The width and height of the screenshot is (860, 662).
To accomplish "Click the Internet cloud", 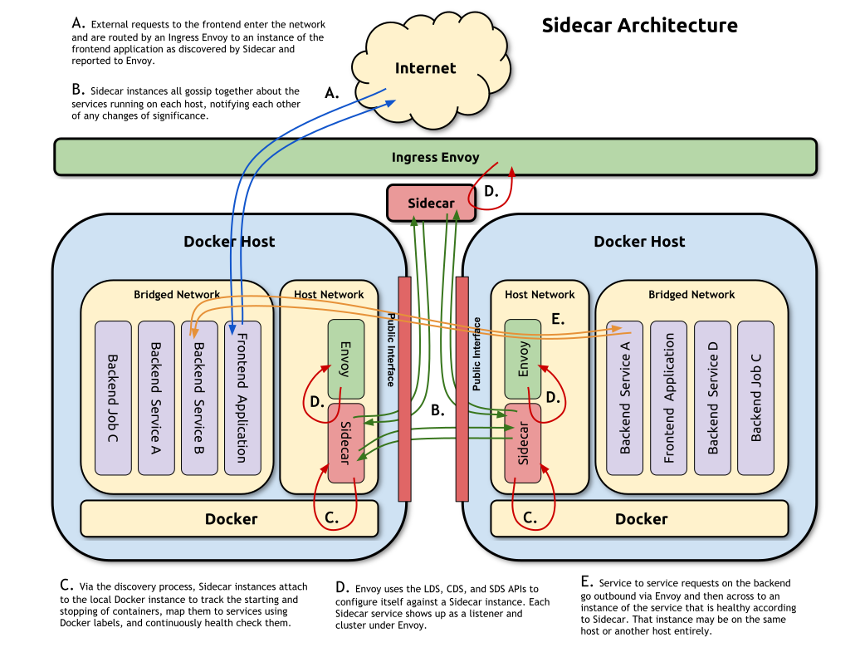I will point(425,69).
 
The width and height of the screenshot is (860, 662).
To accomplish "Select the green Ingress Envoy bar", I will point(435,157).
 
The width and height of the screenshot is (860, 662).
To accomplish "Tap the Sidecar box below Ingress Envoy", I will point(431,204).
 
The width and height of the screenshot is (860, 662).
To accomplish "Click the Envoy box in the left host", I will point(346,359).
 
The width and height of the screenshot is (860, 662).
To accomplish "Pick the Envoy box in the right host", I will point(523,359).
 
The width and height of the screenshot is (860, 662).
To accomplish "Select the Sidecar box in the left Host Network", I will point(346,443).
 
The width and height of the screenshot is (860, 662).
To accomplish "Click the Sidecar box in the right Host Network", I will point(523,444).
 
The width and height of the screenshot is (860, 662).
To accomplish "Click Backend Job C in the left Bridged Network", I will point(113,398).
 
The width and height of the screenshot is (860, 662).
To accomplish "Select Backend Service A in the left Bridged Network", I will point(156,398).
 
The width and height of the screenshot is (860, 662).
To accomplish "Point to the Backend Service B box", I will point(199,398).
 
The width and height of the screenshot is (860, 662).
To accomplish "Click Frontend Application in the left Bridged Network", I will point(242,398).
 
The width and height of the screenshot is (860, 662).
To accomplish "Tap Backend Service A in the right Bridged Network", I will point(625,398).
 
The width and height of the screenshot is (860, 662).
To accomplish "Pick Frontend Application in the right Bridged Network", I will point(668,398).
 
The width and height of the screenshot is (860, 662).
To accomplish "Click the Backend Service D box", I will point(712,398).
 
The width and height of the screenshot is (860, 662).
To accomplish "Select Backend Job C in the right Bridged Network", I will point(755,398).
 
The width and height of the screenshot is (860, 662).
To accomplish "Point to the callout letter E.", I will point(558,319).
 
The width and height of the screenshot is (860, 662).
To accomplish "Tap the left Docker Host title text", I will point(229,242).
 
